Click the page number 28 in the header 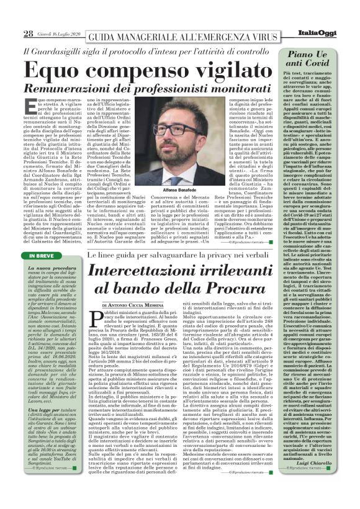pyautogui.click(x=28, y=33)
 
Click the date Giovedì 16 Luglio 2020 pyautogui.click(x=58, y=34)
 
